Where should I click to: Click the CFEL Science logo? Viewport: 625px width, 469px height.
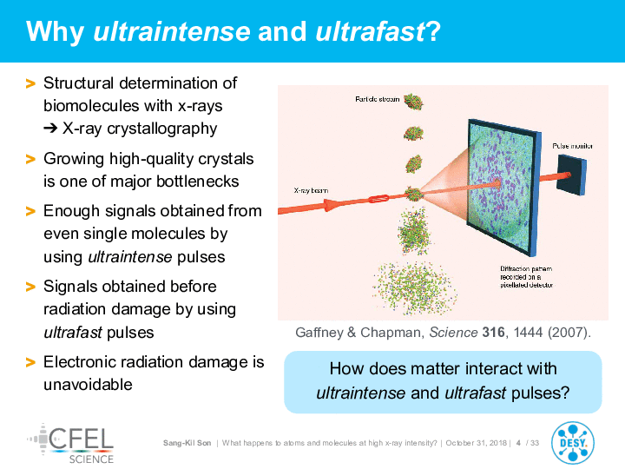tap(70, 444)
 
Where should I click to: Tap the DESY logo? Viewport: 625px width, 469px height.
tap(572, 443)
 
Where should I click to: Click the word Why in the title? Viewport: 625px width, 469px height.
tap(55, 31)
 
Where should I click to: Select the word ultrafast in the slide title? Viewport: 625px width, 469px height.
tap(371, 31)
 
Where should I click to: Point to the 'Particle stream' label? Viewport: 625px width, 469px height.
tap(377, 99)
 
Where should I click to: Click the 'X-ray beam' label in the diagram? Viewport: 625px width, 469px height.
tap(311, 190)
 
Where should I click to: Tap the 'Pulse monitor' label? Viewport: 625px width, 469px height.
tap(572, 146)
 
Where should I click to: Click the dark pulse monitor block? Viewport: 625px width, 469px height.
tap(571, 175)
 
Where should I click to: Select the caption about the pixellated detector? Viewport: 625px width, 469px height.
tap(527, 277)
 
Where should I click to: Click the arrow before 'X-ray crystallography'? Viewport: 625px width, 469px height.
tap(50, 129)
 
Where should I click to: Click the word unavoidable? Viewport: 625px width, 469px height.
tap(88, 385)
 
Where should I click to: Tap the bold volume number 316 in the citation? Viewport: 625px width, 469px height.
tap(493, 332)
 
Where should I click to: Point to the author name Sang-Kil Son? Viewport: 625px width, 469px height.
tap(187, 443)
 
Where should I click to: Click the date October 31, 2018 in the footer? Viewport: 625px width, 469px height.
tap(477, 443)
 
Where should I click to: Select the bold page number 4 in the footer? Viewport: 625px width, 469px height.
tap(518, 443)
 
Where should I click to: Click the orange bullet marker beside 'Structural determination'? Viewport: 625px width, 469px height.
tap(30, 83)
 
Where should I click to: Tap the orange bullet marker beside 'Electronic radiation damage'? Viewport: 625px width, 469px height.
tap(30, 362)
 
